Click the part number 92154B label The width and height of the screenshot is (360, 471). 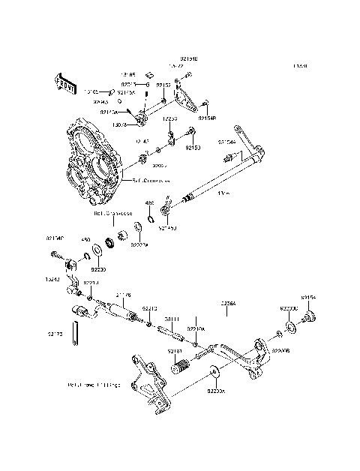(x=208, y=118)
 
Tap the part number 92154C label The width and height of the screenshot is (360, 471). (x=55, y=238)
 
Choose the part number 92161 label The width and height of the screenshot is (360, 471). (x=175, y=350)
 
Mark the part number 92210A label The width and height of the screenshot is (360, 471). (x=196, y=328)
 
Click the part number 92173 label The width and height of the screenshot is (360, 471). (x=55, y=332)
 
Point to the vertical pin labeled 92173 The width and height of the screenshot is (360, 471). (x=76, y=333)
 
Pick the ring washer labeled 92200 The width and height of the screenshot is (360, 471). (x=97, y=250)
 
